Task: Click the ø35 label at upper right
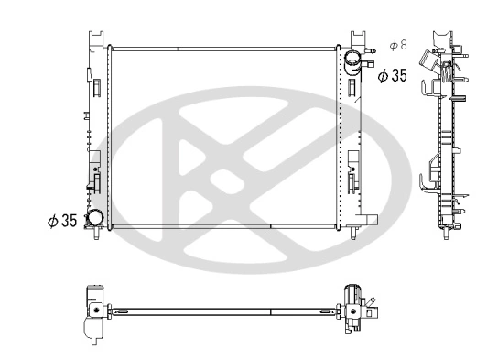click(392, 76)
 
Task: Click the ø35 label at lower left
click(62, 221)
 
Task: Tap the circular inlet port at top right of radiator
click(353, 61)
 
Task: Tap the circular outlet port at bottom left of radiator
click(94, 218)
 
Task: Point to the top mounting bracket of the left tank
click(96, 38)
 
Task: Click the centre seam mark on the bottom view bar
click(271, 312)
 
